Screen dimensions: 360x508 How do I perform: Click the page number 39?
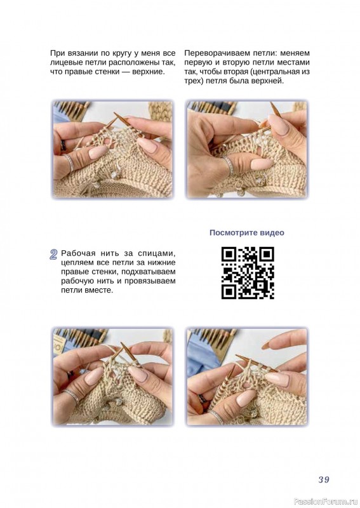324,479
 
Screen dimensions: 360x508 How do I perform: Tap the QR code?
248,273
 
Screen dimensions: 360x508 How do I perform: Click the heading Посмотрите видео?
247,232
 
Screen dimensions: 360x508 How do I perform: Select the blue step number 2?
54,255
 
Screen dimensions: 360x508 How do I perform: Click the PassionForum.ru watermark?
326,502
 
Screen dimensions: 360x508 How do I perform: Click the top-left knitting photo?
112,149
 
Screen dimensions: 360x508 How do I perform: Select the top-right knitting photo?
247,149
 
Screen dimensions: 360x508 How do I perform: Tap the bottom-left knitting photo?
112,377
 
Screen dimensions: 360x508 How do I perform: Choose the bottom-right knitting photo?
247,377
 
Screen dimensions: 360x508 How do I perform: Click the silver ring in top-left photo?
69,163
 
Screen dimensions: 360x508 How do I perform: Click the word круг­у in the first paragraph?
126,53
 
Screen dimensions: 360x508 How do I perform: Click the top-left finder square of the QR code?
229,255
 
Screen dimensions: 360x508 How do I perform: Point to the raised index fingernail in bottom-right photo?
266,345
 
